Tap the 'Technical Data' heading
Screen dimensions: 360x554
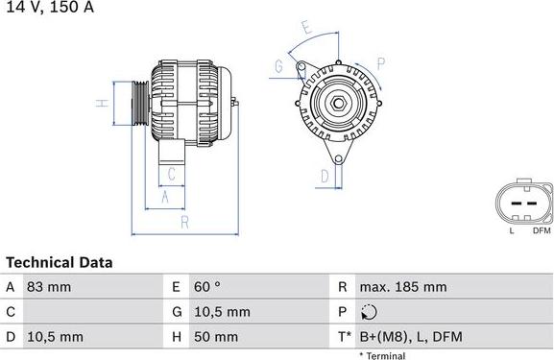pos(60,262)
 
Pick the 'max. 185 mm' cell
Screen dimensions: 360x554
pos(402,287)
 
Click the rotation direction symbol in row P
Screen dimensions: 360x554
pos(371,312)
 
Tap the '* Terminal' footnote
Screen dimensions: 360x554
pos(382,355)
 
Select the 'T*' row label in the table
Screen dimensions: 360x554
pos(344,337)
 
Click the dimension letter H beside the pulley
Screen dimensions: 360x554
pos(99,103)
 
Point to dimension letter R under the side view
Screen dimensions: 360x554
pos(183,222)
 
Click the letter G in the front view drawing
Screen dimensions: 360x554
pos(278,66)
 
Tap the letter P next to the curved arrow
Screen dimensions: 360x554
pos(381,64)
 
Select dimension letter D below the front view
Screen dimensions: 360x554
pos(325,176)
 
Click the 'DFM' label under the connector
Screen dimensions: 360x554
pos(541,230)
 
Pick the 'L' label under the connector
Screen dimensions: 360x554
pos(512,230)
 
